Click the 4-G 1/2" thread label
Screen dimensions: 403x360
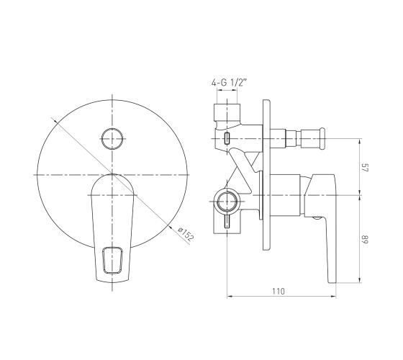click(229, 83)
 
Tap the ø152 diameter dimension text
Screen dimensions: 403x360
click(186, 234)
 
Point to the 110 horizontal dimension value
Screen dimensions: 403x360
click(279, 292)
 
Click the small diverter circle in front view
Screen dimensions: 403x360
click(112, 139)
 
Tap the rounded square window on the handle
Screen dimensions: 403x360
click(112, 260)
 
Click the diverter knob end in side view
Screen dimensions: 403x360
click(322, 138)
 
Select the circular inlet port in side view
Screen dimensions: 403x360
click(227, 201)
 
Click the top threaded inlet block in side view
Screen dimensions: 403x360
click(227, 112)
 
